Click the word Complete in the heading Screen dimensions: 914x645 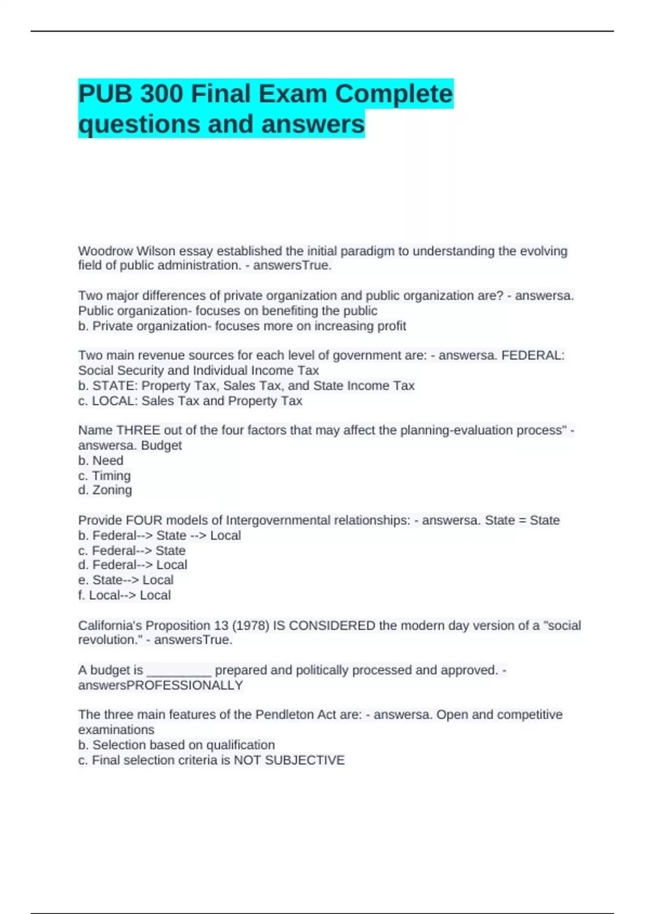394,94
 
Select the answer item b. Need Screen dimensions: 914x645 101,460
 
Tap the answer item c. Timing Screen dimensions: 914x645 104,475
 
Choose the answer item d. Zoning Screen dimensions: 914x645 105,490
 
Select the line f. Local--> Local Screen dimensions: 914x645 124,595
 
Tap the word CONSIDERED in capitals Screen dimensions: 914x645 332,625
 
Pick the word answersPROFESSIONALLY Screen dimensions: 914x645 161,685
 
